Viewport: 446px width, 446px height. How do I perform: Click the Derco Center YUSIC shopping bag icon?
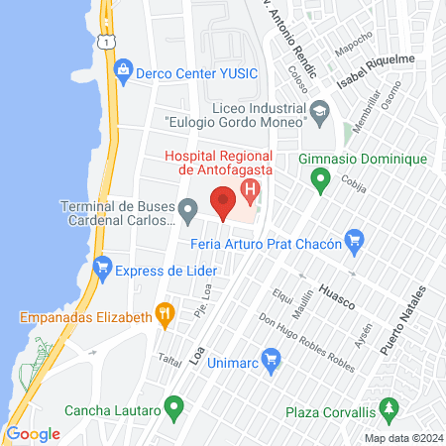123,70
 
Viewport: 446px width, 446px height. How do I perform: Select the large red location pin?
223,201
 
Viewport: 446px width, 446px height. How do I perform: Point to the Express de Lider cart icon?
101,267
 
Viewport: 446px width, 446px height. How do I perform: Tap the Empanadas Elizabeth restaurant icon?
166,317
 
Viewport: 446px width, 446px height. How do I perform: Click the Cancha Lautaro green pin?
175,406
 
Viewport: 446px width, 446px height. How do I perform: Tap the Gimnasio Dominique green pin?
320,181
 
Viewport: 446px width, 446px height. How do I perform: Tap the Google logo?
33,433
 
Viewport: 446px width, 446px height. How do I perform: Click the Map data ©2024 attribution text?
401,437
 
